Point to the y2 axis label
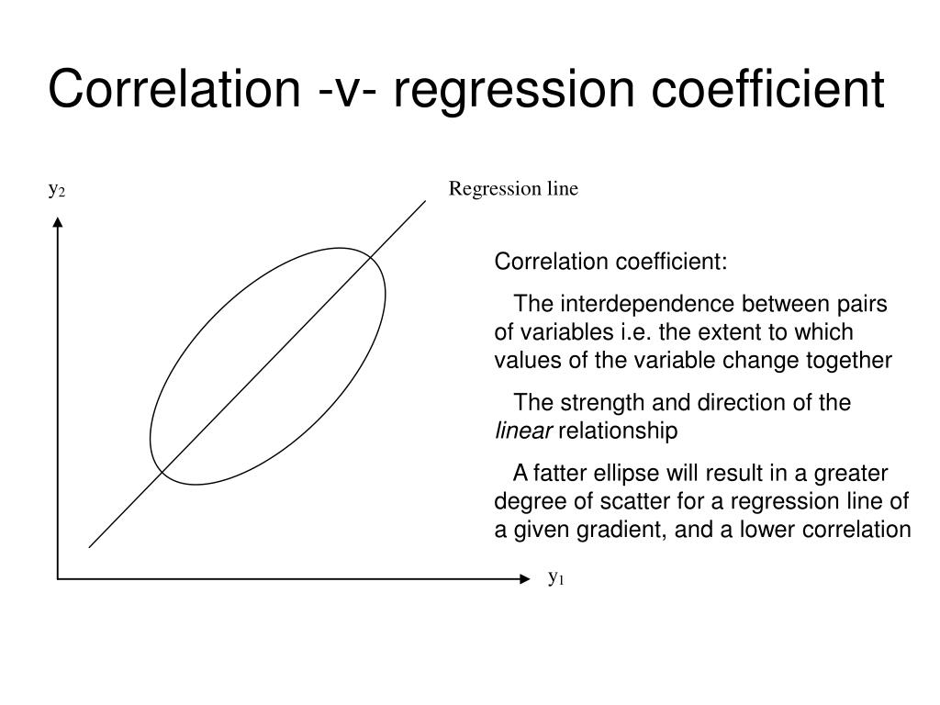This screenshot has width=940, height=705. point(57,190)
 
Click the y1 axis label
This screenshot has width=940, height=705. point(556,577)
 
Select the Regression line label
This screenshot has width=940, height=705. point(513,189)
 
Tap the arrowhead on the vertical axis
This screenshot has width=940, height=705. point(58,221)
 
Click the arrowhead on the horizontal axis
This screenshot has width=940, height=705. point(525,579)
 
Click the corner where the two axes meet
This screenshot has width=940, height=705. point(58,579)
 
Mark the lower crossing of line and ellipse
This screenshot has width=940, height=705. point(162,472)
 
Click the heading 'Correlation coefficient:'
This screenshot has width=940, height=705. point(610,263)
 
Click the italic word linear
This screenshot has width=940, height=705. point(524,431)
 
